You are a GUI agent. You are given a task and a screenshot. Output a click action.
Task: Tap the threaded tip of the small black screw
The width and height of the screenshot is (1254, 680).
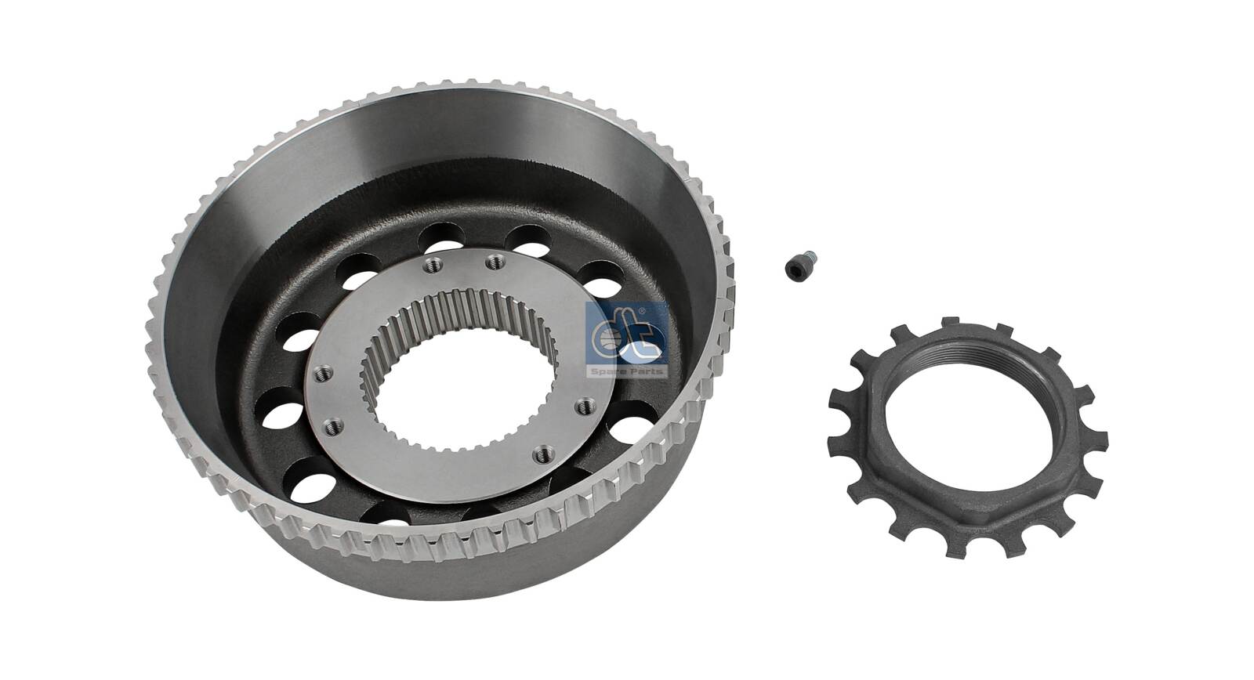810,258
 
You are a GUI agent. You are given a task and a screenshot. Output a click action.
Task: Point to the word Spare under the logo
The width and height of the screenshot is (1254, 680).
608,371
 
